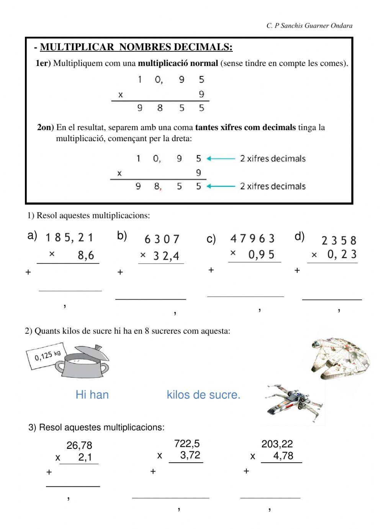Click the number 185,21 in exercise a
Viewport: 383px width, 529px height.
click(x=69, y=238)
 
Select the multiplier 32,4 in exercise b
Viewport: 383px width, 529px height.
click(x=166, y=256)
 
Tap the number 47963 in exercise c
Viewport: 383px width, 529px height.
click(x=253, y=239)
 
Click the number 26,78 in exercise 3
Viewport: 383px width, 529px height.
click(x=79, y=445)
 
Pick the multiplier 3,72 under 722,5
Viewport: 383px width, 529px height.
click(x=190, y=455)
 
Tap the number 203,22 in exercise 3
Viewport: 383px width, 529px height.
click(x=277, y=444)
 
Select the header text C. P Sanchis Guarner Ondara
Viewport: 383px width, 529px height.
click(x=309, y=26)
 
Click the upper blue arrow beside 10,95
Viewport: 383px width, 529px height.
click(x=221, y=158)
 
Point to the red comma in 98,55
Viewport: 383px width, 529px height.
click(x=160, y=189)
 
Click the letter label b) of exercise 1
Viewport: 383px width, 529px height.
click(x=122, y=236)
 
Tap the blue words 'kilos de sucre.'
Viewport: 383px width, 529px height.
click(x=203, y=395)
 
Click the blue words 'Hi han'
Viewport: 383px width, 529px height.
click(x=92, y=395)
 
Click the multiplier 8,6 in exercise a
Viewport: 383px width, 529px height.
click(x=86, y=255)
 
